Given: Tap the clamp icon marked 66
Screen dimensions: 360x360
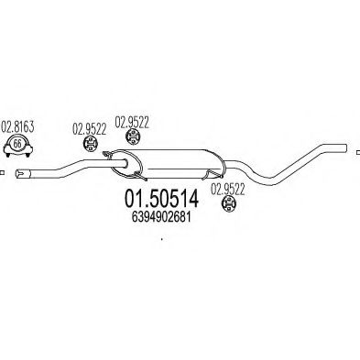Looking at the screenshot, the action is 16,147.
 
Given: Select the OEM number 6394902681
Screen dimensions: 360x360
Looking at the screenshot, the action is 158,217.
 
